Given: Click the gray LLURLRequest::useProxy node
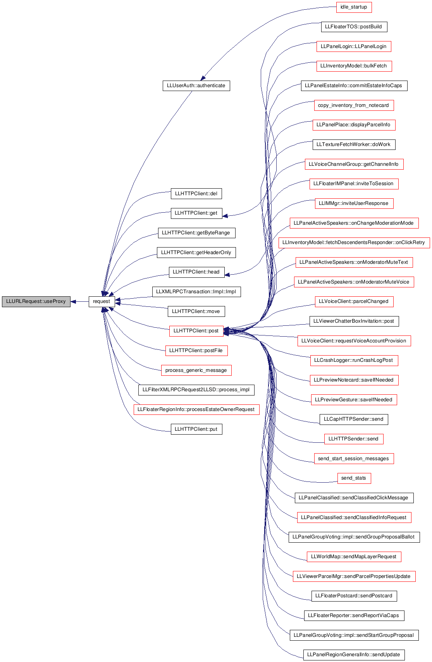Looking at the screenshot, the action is tap(36, 301).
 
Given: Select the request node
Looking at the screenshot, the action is tap(102, 301).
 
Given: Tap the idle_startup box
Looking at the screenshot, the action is tap(354, 7).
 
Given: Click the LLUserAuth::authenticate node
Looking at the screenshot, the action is tap(196, 86).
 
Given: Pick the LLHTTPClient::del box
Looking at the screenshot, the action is tap(196, 194).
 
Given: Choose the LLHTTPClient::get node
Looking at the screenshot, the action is tap(196, 213).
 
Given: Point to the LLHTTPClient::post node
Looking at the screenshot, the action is tap(196, 331).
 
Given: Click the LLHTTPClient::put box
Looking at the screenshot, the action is tap(196, 429).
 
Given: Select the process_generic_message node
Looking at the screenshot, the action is tap(196, 370).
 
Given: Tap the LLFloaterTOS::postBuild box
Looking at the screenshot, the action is tap(354, 27).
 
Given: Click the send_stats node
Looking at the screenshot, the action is tap(354, 478).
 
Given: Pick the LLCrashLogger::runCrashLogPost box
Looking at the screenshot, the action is tap(354, 361).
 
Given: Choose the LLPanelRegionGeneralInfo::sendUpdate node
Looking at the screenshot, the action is tap(354, 655).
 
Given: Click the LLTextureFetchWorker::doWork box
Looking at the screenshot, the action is tap(354, 144).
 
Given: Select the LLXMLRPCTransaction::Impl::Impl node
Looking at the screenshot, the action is tap(196, 292).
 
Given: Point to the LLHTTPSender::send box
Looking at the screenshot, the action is tap(354, 439).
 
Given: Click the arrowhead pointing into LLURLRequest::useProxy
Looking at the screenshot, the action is tap(73, 301).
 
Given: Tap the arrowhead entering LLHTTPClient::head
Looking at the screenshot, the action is tap(227, 275).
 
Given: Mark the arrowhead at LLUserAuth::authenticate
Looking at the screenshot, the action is tap(203, 78).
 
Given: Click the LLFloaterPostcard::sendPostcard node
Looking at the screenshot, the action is tap(354, 596).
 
